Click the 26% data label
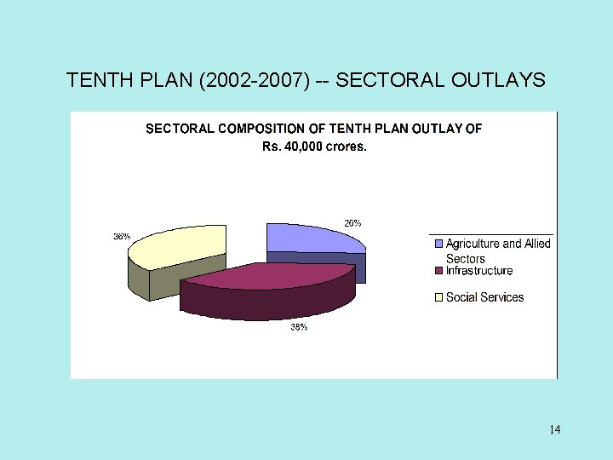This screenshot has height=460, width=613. [x=352, y=223]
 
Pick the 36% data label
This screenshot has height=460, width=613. [x=122, y=236]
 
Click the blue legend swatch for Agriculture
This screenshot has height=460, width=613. [x=439, y=244]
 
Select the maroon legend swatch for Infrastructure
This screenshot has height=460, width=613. [x=439, y=271]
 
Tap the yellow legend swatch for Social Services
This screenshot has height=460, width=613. [x=439, y=297]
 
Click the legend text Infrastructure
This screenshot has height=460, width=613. [x=479, y=271]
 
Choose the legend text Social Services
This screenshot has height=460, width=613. [x=484, y=297]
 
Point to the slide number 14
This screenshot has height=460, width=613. [x=555, y=429]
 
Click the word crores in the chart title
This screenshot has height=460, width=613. [x=347, y=147]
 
